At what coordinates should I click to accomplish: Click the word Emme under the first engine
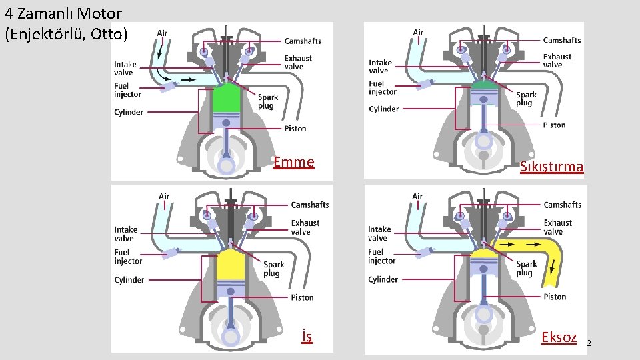pos(294,162)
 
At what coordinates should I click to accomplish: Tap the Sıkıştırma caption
pos(551,167)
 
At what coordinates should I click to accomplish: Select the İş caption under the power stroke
pos(306,337)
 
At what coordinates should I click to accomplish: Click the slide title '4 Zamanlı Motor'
pos(63,13)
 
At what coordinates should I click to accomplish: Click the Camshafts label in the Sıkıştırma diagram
pos(561,40)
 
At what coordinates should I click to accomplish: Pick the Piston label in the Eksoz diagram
pos(555,297)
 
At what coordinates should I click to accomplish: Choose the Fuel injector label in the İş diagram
pos(128,257)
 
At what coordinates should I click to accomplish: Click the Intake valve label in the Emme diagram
pos(125,69)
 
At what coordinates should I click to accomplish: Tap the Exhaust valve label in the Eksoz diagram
pos(557,227)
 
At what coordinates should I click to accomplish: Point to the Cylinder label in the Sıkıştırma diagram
pos(384,109)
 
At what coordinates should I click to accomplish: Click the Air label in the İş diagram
pos(164,197)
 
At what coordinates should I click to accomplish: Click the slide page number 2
pos(589,343)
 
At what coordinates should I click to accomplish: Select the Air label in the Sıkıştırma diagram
pos(418,32)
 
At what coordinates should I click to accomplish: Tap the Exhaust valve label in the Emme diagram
pos(298,63)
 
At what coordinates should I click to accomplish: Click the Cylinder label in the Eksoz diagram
pos(383,279)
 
